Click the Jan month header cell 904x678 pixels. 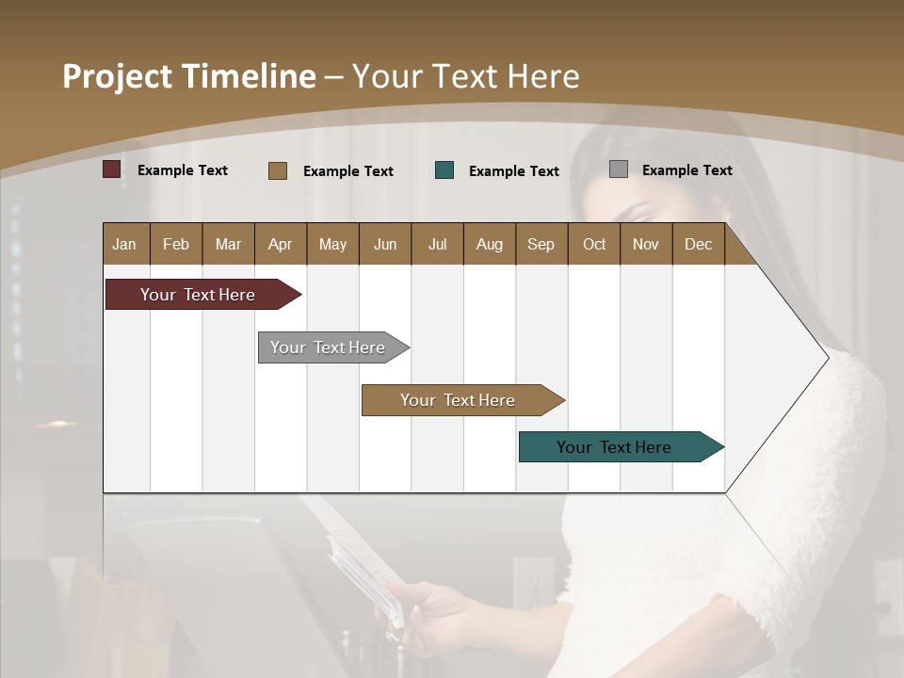tap(125, 244)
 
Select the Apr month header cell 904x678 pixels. tap(281, 244)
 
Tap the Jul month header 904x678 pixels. tap(437, 244)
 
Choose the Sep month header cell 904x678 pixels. tap(541, 244)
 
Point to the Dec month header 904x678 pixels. tap(698, 244)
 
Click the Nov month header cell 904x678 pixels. tap(646, 244)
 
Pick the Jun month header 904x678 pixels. tap(385, 244)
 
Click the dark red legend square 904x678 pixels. tap(112, 169)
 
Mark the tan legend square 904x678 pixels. tap(278, 170)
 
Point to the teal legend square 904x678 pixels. tap(444, 170)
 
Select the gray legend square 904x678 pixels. tap(619, 169)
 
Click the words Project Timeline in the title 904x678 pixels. tap(189, 76)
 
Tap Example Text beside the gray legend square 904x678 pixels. tap(686, 170)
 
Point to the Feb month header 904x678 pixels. tap(176, 244)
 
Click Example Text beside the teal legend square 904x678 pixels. tap(513, 171)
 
